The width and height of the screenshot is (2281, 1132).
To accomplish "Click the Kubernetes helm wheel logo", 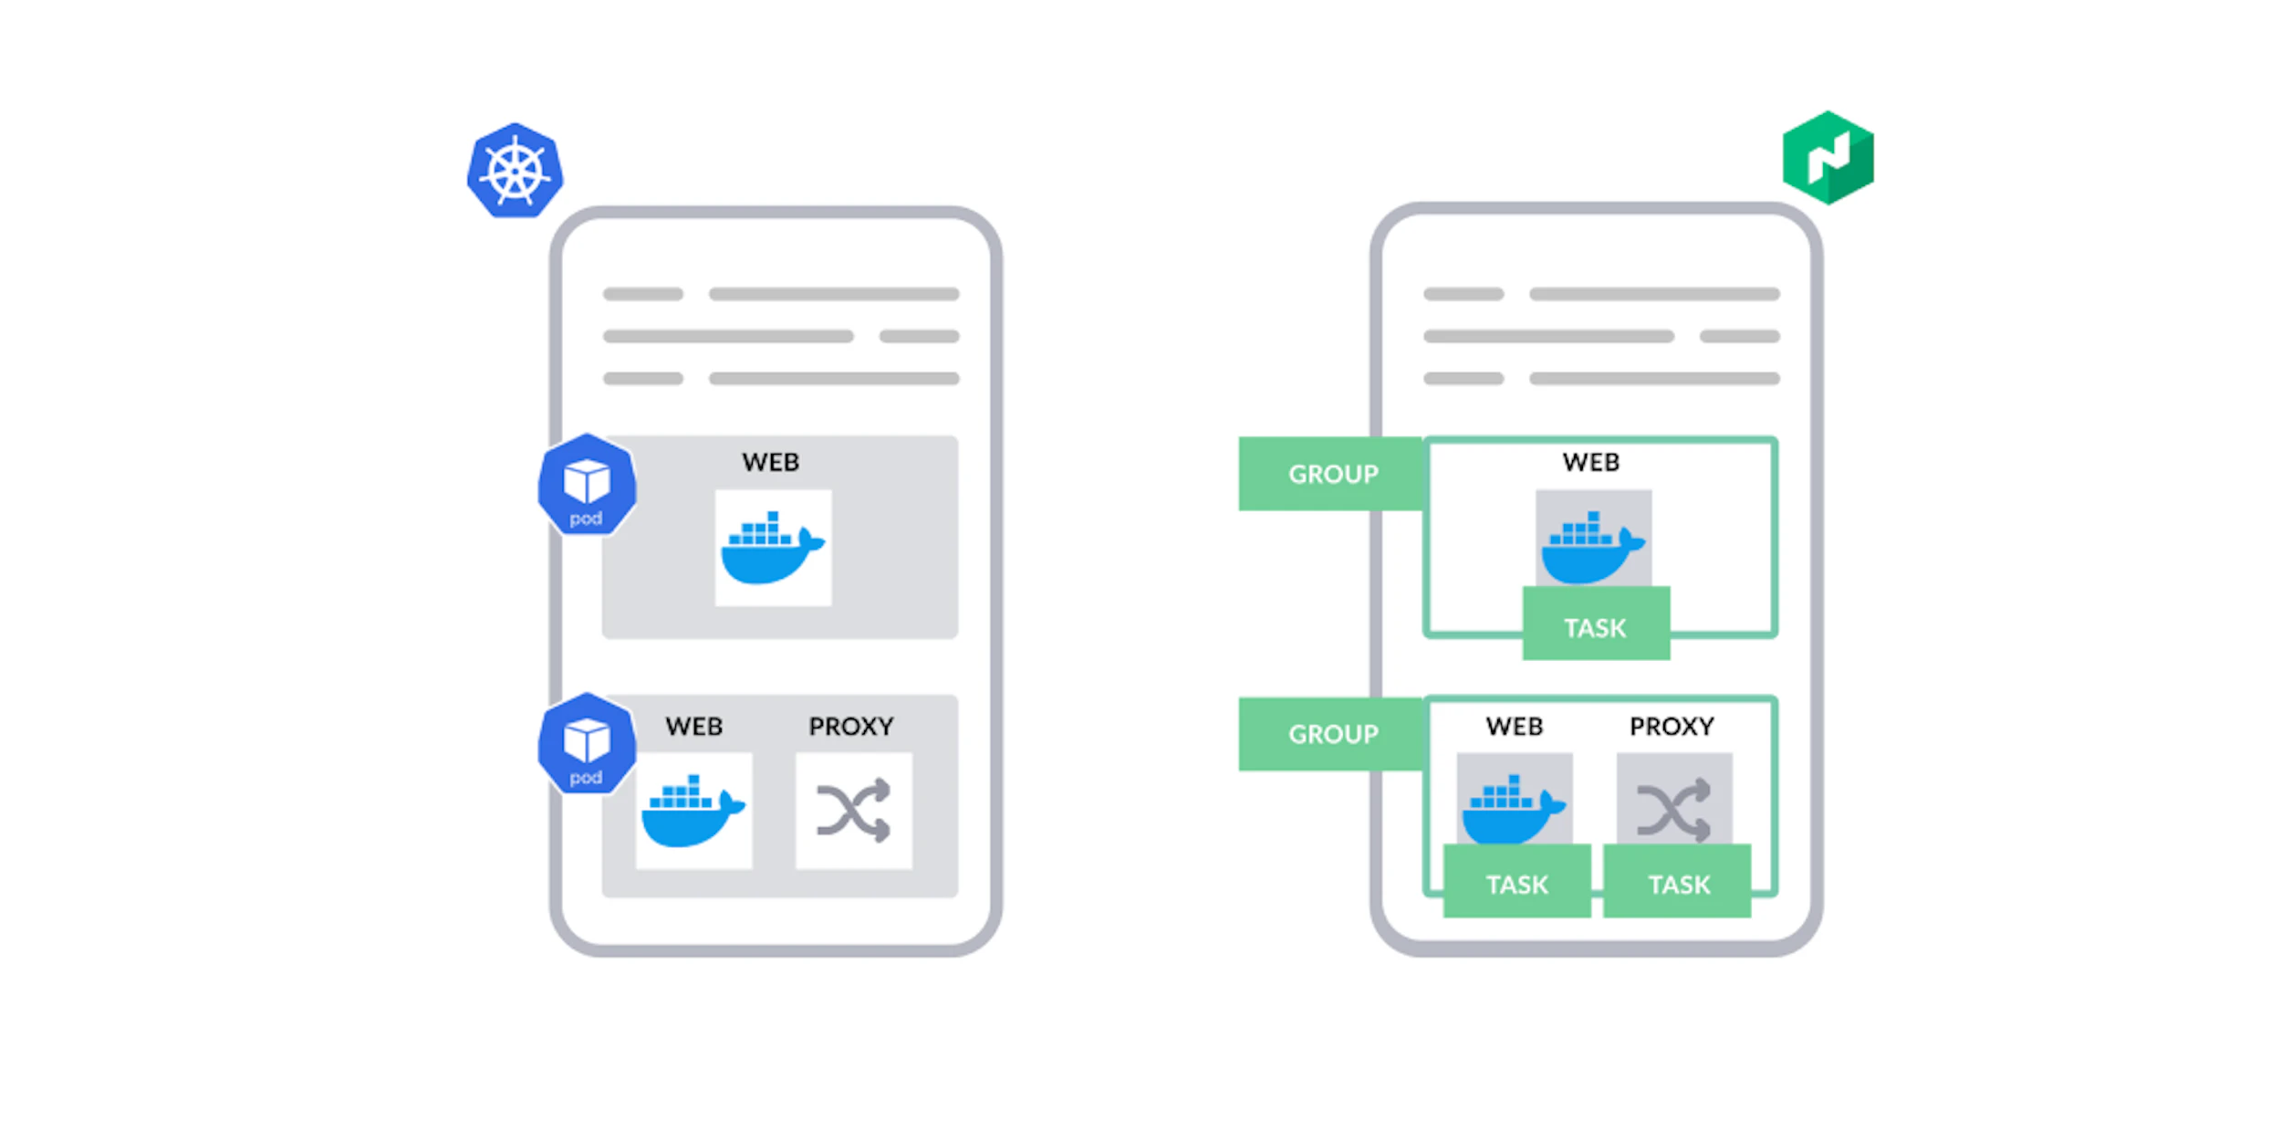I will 515,171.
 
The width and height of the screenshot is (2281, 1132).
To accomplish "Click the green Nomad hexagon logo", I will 1828,158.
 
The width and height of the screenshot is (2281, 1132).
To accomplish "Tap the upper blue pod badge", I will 586,485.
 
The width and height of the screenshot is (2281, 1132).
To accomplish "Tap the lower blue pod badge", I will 586,744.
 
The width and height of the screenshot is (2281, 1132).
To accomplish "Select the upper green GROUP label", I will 1331,474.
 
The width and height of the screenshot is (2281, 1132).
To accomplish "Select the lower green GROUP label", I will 1331,734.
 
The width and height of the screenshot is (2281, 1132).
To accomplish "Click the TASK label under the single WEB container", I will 1595,627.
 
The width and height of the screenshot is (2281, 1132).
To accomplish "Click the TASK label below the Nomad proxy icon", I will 1678,884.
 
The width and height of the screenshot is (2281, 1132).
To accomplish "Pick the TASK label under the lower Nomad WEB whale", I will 1516,884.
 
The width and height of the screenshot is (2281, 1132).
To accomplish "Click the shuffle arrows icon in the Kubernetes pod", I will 853,810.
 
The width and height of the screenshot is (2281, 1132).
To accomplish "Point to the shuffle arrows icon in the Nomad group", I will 1673,808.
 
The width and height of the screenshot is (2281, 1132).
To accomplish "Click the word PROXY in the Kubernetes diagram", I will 850,726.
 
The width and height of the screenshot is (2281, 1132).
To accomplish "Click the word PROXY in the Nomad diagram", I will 1672,726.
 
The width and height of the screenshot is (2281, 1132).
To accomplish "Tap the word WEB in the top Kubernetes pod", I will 770,462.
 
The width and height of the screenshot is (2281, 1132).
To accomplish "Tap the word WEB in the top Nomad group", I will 1590,462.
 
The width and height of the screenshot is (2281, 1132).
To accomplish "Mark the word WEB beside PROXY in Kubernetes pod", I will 693,726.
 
